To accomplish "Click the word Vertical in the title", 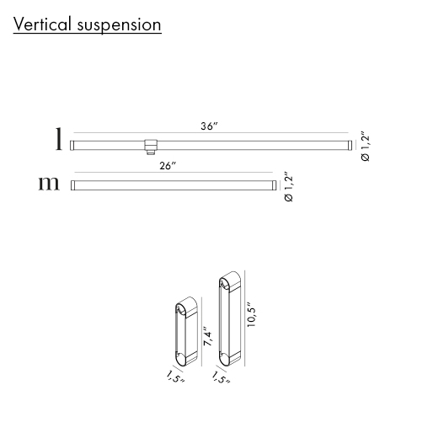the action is (x=42, y=24).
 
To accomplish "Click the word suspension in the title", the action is (x=119, y=26).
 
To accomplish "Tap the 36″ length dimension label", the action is (x=209, y=126).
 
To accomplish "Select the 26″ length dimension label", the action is (x=168, y=166).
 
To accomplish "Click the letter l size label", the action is (x=58, y=139).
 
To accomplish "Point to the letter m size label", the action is (x=49, y=184).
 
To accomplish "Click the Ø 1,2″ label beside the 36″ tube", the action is (x=366, y=146).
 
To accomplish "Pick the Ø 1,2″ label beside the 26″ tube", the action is (x=289, y=186).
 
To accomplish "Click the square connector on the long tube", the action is (x=151, y=147).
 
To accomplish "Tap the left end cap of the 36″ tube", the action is (x=72, y=145).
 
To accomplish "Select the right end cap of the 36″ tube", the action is (x=350, y=145).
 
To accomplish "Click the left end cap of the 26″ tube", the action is (x=73, y=185).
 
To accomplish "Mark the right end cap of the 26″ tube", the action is (x=274, y=185).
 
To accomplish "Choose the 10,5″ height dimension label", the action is (x=251, y=314).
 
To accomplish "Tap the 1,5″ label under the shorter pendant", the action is (x=175, y=377).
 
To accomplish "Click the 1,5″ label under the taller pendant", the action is (x=221, y=377).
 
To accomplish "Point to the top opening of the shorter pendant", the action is (x=180, y=310).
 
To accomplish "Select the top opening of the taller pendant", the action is (x=224, y=284).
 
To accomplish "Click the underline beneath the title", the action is (x=88, y=34).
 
